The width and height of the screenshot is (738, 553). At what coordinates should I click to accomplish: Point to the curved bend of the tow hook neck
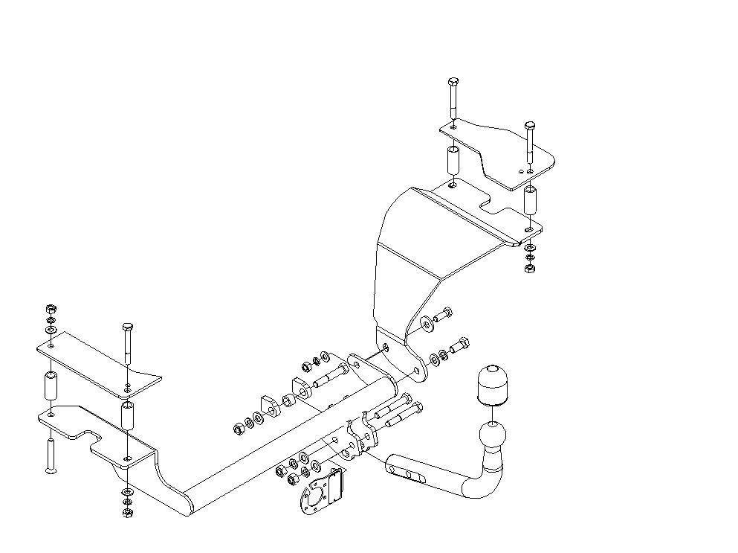coord(479,488)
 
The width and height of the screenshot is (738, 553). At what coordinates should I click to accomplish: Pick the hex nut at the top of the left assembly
coord(51,308)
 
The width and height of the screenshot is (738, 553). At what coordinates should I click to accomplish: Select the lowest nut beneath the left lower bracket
coord(126,513)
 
